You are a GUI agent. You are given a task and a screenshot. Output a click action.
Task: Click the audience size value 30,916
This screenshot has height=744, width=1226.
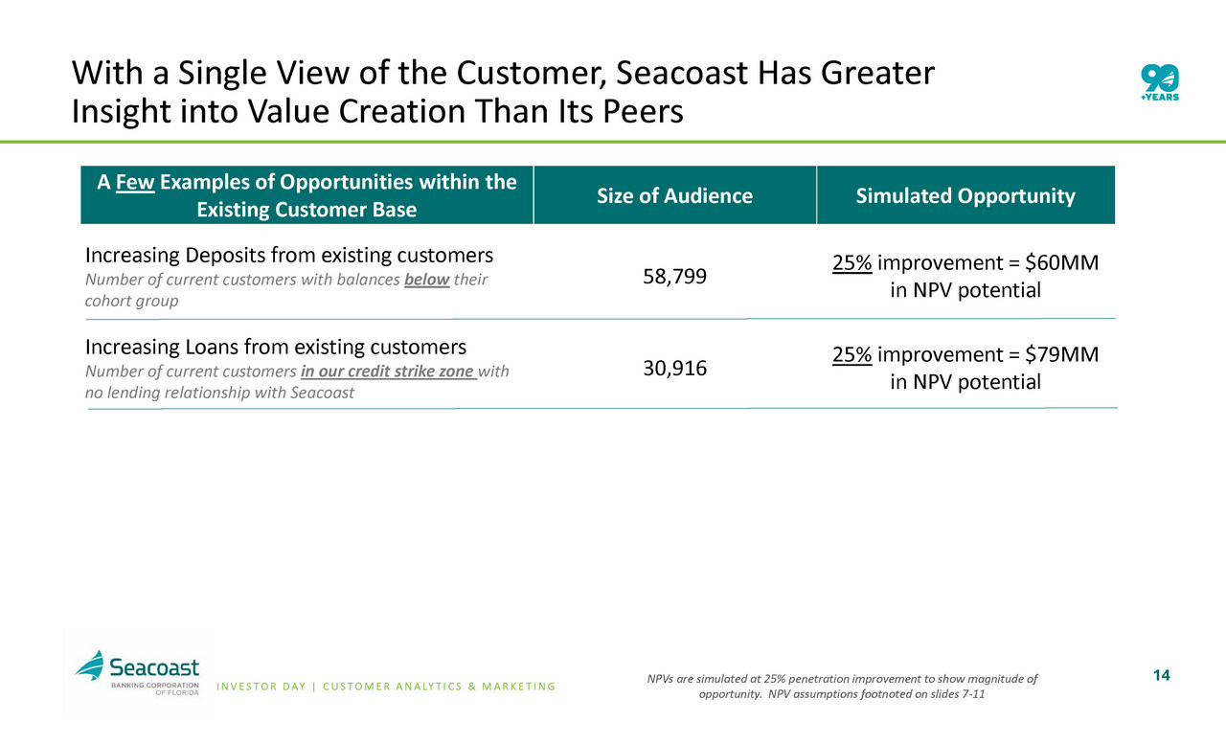tap(674, 369)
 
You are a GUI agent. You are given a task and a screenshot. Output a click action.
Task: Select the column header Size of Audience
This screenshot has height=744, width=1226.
tap(674, 196)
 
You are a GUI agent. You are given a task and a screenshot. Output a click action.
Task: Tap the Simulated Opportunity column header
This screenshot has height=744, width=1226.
tap(965, 196)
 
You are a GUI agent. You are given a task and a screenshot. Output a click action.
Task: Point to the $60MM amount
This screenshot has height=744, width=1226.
tap(1062, 263)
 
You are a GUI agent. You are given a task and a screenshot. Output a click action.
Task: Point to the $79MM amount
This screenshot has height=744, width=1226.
tap(1062, 355)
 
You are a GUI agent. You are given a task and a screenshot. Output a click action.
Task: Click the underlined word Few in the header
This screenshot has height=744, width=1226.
tap(133, 182)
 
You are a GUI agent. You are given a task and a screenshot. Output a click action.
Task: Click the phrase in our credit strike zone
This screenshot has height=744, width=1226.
tap(388, 372)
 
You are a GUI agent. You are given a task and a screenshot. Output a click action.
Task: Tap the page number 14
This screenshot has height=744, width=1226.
tap(1162, 676)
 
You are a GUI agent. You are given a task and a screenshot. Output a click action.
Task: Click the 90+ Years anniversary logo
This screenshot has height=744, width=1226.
tap(1159, 84)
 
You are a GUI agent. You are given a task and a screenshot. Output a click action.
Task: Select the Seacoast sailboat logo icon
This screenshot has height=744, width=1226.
tap(91, 665)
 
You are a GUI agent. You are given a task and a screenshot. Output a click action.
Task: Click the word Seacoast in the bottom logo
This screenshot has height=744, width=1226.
tap(154, 665)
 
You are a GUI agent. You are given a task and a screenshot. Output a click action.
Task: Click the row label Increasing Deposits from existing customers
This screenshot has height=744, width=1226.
tap(289, 256)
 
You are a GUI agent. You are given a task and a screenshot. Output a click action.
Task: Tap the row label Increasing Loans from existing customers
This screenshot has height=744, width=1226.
tap(276, 346)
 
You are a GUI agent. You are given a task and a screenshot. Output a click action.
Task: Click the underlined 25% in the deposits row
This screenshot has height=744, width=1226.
tap(851, 263)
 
